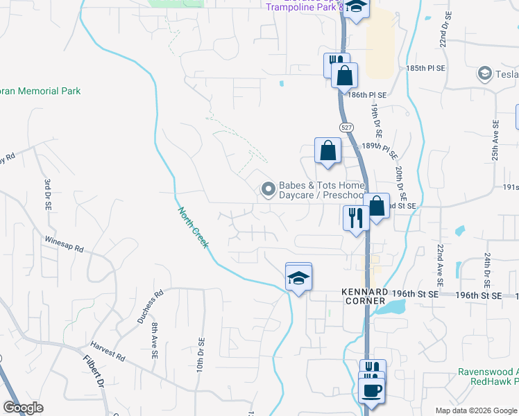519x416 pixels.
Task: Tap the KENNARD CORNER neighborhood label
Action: pos(364,297)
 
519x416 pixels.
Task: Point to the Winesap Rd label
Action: pos(65,248)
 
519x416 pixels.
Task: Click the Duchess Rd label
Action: pos(150,307)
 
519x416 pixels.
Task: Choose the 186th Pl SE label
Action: pos(368,94)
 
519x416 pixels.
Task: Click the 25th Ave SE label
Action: pos(496,141)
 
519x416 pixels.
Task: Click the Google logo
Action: pos(23,408)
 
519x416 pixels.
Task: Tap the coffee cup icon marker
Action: pos(372,389)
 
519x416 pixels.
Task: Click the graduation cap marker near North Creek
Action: pos(299,278)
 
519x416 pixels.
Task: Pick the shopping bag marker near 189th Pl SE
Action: pos(327,151)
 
